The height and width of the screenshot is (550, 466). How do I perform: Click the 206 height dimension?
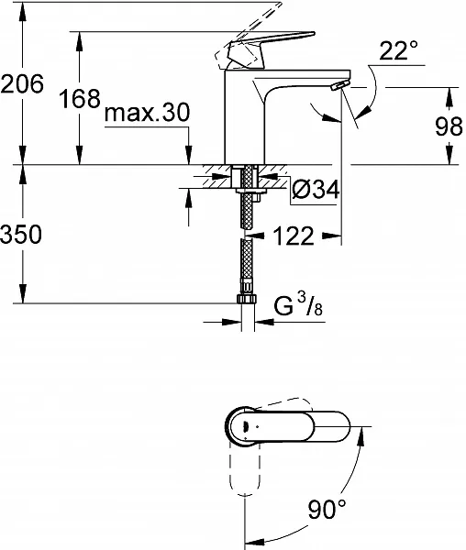(22, 83)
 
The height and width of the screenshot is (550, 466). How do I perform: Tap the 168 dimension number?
(80, 98)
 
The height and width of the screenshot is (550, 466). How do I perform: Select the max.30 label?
(147, 113)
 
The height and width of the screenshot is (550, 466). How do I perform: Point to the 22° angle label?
(399, 50)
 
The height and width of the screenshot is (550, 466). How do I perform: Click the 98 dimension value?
(449, 126)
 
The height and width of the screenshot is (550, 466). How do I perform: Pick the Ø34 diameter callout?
(316, 190)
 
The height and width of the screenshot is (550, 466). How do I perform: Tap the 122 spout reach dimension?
(294, 236)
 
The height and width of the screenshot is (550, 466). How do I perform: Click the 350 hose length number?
(21, 234)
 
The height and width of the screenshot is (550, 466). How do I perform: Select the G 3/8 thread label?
(298, 305)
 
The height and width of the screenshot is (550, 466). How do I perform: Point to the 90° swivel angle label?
(327, 509)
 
